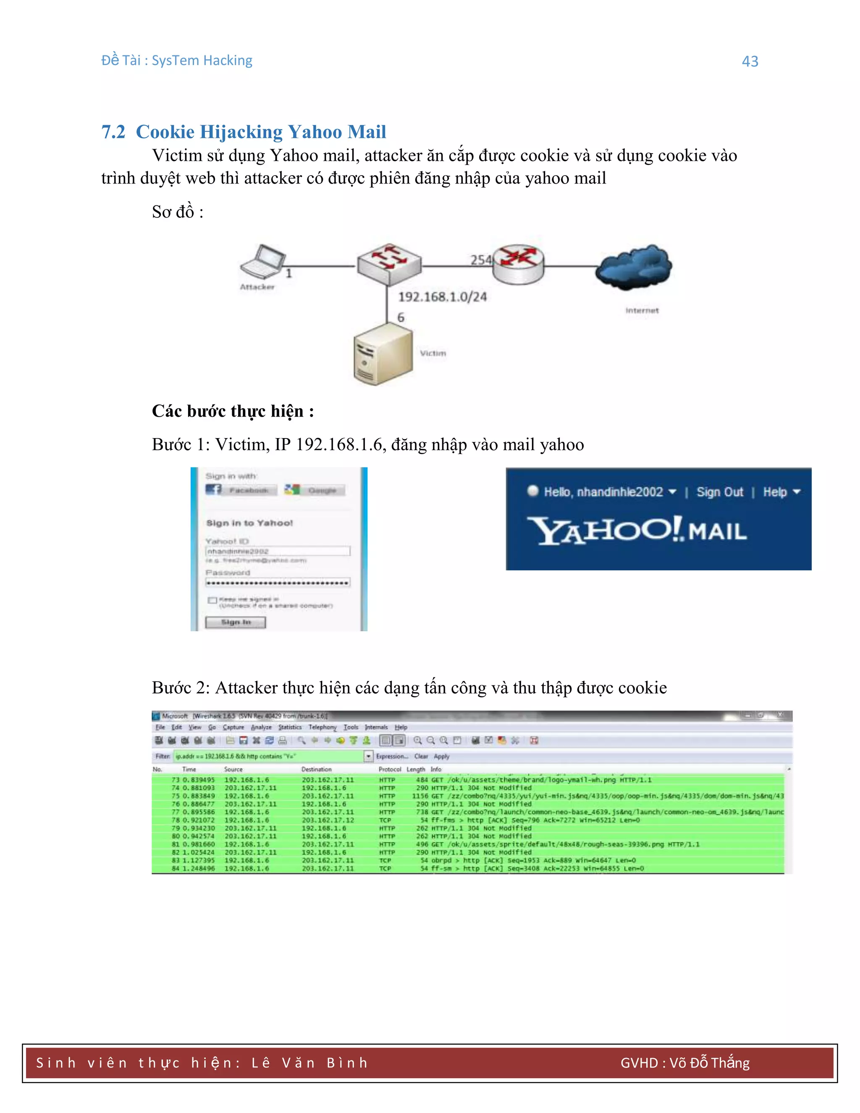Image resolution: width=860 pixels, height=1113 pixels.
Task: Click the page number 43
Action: click(750, 61)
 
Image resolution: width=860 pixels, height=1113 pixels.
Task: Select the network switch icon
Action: click(389, 263)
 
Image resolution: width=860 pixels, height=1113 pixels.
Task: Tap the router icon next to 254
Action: click(518, 263)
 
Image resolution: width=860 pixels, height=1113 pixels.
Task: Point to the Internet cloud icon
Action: click(633, 267)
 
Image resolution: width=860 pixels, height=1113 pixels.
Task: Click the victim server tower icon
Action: click(383, 354)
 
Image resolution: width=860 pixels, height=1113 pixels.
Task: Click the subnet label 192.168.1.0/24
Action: click(442, 297)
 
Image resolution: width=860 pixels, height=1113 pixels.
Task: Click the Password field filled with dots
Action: click(278, 583)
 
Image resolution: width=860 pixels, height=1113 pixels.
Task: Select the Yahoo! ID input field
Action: click(278, 551)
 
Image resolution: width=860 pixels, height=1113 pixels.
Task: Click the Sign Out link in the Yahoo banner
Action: click(719, 492)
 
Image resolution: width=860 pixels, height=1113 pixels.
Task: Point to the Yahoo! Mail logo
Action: click(637, 530)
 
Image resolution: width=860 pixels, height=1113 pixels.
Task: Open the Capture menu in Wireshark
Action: click(233, 727)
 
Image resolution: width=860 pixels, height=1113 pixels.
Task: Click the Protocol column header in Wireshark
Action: click(390, 769)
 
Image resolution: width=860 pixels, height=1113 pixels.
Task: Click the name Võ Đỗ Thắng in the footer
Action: click(709, 1063)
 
